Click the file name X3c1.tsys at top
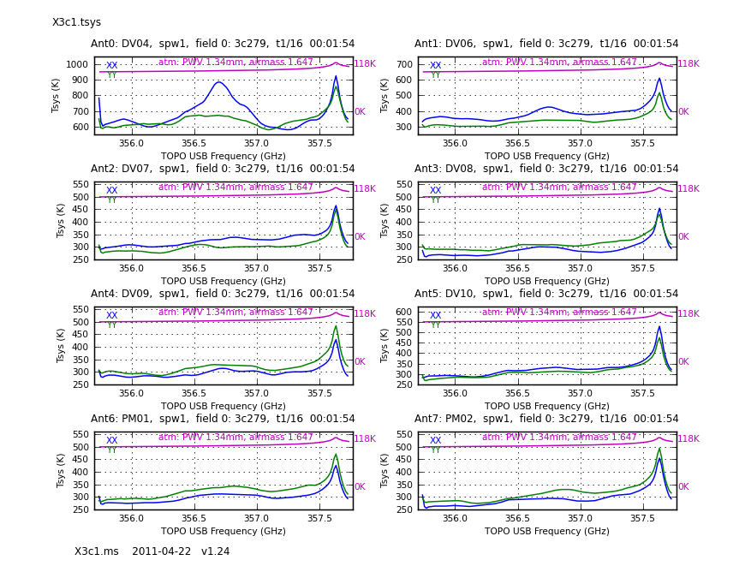(x=76, y=22)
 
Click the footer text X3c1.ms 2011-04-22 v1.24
(x=152, y=551)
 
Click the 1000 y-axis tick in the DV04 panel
(x=78, y=64)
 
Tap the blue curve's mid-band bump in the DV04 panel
(x=219, y=82)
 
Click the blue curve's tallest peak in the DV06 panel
(x=659, y=79)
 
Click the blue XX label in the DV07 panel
(x=111, y=191)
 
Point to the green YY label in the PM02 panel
(x=435, y=450)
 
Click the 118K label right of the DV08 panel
(x=688, y=189)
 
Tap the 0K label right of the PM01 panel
(x=360, y=487)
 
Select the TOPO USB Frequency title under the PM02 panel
(x=546, y=531)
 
